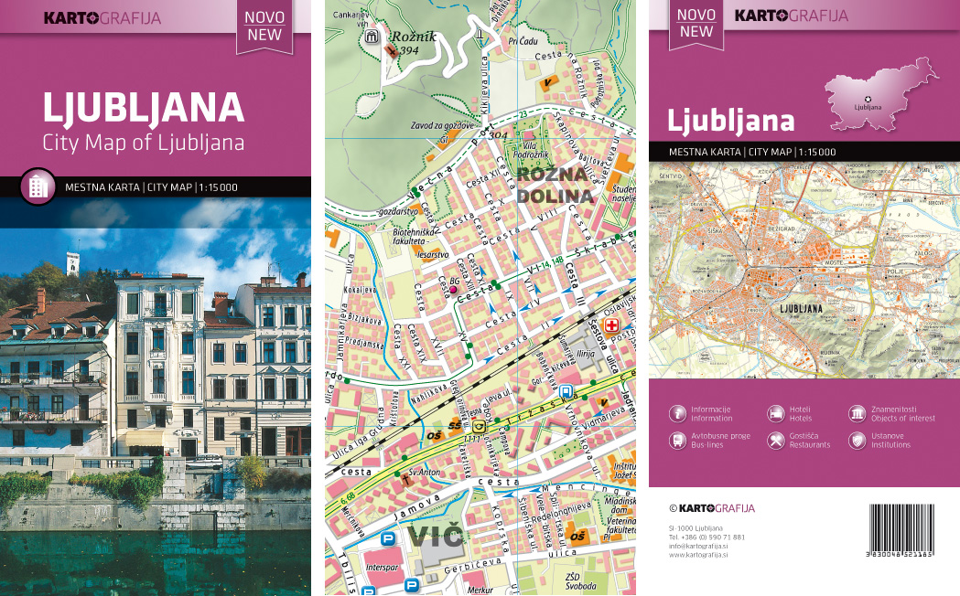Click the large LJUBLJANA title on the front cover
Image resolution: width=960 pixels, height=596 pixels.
[x=143, y=108]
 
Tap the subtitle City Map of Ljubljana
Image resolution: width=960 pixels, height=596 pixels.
[x=143, y=143]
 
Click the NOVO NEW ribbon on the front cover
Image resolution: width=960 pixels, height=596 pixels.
[x=264, y=26]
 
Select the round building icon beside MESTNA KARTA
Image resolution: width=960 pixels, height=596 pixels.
[x=38, y=186]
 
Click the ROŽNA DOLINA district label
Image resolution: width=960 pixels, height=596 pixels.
[x=555, y=184]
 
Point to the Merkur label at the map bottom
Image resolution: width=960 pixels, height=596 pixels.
[x=480, y=591]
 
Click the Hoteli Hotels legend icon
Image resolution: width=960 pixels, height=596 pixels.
[x=775, y=413]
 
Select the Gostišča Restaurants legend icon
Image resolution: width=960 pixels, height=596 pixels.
[x=775, y=441]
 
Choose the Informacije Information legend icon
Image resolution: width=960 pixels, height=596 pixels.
[x=677, y=413]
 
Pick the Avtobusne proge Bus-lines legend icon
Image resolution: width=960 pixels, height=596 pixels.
[x=677, y=441]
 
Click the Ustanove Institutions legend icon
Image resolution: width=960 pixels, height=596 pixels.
[x=858, y=441]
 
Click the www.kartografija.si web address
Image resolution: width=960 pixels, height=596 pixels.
[x=698, y=554]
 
